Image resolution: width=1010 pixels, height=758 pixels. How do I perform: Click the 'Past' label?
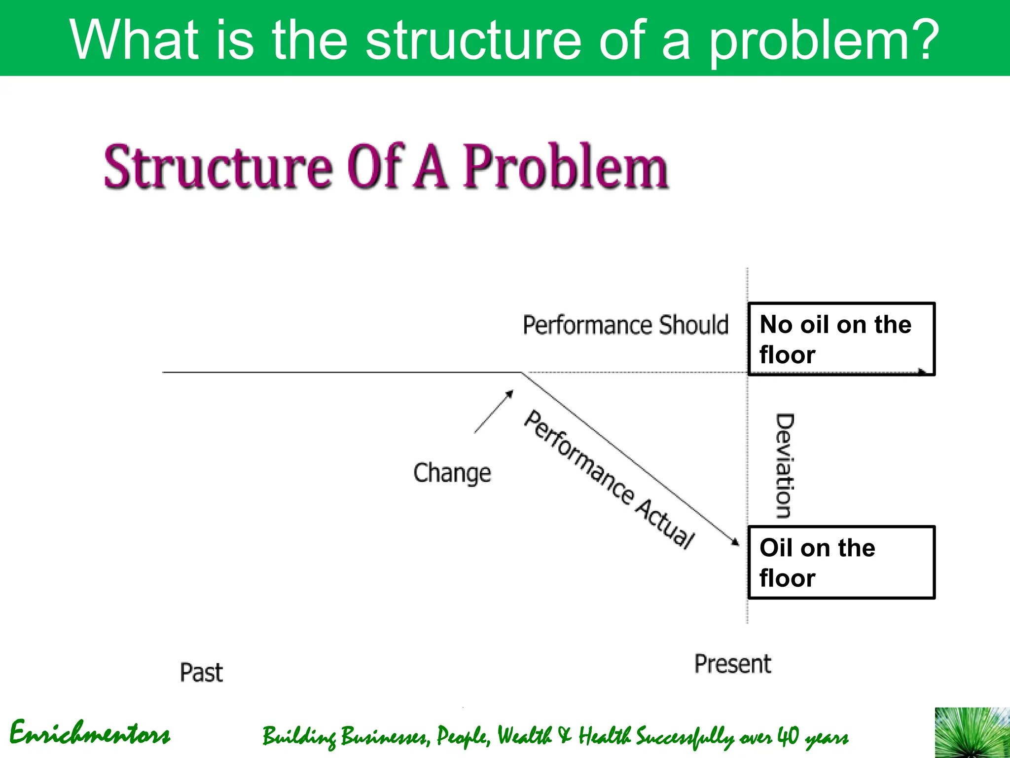point(201,673)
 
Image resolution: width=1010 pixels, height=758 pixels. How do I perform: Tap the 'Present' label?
point(732,664)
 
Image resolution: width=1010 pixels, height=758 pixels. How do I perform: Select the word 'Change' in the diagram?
point(452,473)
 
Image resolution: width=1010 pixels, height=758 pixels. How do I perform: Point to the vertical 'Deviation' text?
point(784,466)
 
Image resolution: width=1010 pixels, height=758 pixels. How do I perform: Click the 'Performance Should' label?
point(625,325)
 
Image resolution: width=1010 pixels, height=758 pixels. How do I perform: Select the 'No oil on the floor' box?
point(841,340)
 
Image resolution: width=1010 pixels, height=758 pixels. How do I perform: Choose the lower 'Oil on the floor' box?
point(841,563)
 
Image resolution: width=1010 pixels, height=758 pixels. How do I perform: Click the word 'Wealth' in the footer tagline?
point(524,736)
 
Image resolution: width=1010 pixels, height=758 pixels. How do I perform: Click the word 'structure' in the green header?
point(473,39)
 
